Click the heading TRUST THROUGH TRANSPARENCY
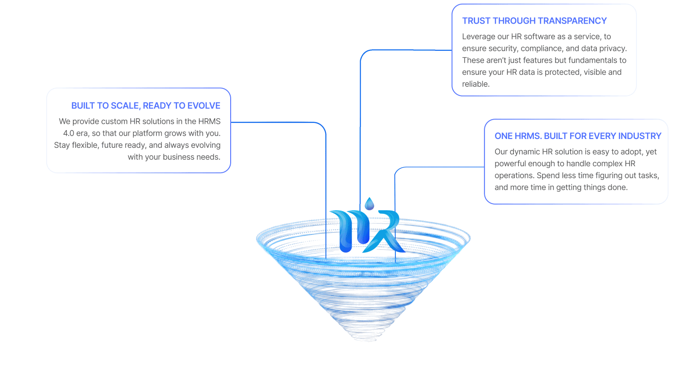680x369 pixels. pyautogui.click(x=534, y=21)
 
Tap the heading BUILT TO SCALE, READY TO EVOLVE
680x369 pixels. pyautogui.click(x=146, y=106)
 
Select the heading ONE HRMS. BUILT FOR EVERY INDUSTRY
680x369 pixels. pyautogui.click(x=578, y=136)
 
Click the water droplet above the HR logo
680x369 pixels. pyautogui.click(x=369, y=204)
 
